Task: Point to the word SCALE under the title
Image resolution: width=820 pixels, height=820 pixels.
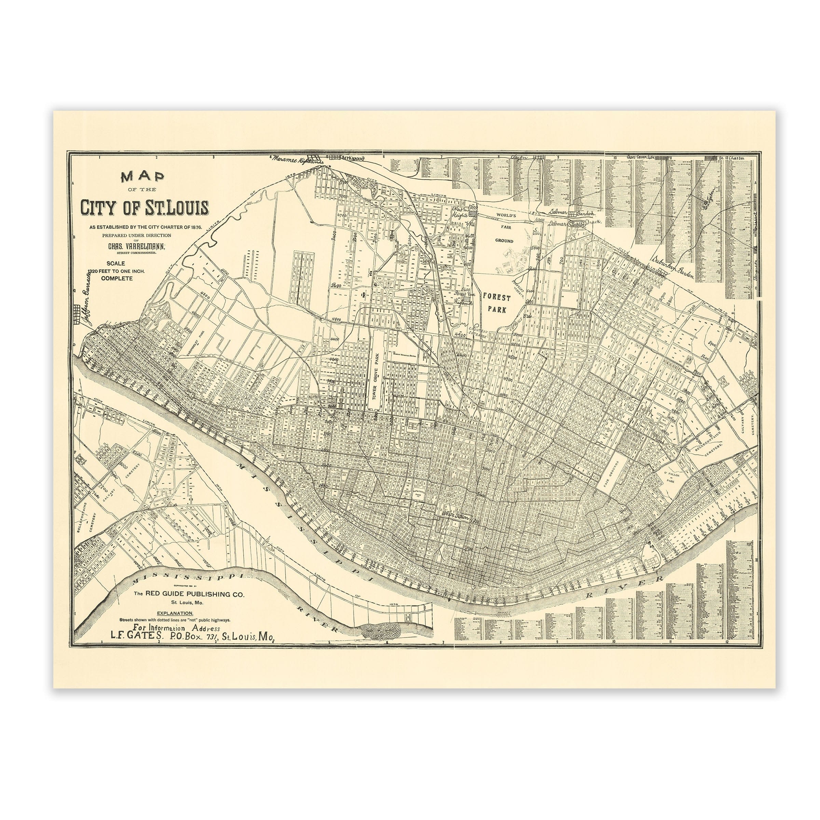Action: pos(115,263)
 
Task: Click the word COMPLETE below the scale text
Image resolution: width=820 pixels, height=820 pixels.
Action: pos(117,278)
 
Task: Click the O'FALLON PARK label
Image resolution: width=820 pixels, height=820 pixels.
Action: pos(671,478)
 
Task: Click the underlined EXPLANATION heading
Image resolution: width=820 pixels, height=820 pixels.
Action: pos(175,613)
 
